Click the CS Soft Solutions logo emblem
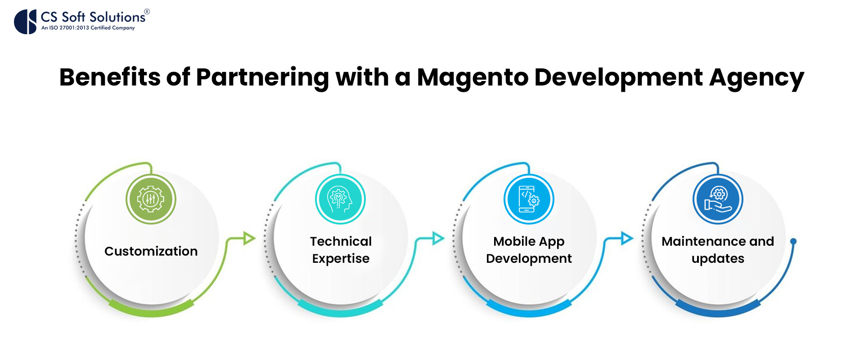tap(25, 22)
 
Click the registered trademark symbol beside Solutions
tap(147, 12)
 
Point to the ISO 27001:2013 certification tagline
tap(88, 28)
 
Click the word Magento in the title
tap(472, 78)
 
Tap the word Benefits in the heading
tap(110, 77)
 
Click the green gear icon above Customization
tap(151, 199)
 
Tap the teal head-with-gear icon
tap(340, 199)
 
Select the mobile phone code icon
tap(529, 199)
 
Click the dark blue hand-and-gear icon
tap(718, 199)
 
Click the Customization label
tap(151, 251)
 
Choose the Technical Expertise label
tap(341, 250)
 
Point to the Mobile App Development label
tap(529, 250)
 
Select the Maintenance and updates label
tap(718, 250)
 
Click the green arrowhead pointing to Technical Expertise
tap(249, 238)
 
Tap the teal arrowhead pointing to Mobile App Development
tap(438, 238)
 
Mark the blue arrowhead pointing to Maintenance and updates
tap(627, 238)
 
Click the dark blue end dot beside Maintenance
tap(793, 242)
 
